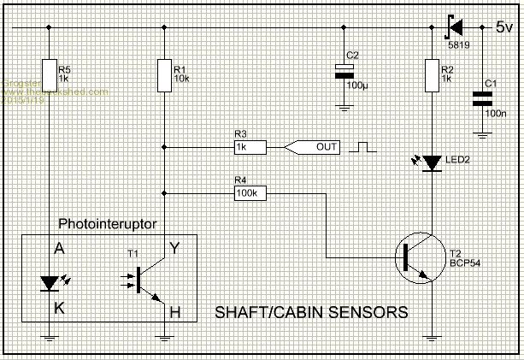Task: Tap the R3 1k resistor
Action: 249,147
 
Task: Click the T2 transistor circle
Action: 418,256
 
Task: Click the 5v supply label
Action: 505,27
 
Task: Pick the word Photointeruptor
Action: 108,225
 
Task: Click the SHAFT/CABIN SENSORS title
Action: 309,312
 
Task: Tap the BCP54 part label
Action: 466,263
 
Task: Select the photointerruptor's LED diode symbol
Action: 50,281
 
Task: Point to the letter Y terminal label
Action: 174,249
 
